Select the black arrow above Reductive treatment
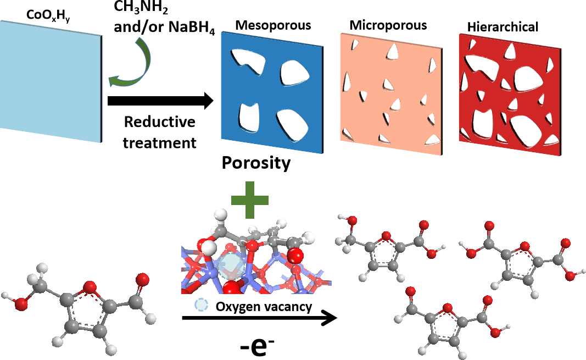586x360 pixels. (160, 101)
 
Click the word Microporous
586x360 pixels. (388, 25)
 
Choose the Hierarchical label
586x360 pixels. (503, 26)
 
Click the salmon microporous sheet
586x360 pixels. (387, 88)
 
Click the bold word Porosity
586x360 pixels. (256, 163)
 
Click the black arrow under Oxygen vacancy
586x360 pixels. (258, 318)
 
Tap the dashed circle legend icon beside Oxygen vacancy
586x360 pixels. (200, 307)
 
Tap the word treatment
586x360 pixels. (159, 143)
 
